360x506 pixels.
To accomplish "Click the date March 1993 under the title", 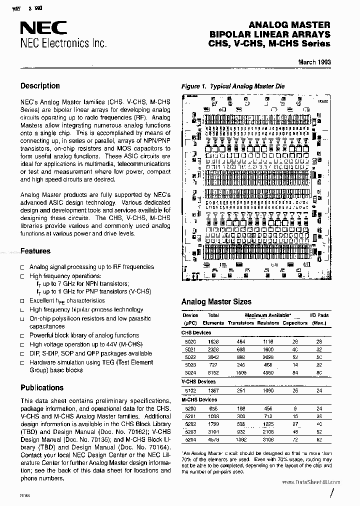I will pyautogui.click(x=314, y=62).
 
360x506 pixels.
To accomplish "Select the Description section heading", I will pyautogui.click(x=40, y=85).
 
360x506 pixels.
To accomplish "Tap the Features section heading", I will pyautogui.click(x=35, y=251).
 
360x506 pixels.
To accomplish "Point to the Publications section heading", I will pyautogui.click(x=42, y=387).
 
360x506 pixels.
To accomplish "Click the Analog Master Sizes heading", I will pyautogui.click(x=216, y=302).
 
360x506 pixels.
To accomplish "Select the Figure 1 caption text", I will pyautogui.click(x=232, y=86).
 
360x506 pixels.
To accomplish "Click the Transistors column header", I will pyautogui.click(x=241, y=323).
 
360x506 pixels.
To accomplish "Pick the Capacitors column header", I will pyautogui.click(x=294, y=323).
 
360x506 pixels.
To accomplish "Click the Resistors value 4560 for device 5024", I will pyautogui.click(x=268, y=373).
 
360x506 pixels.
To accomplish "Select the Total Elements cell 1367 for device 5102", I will pyautogui.click(x=213, y=390).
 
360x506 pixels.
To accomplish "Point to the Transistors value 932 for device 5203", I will pyautogui.click(x=241, y=432).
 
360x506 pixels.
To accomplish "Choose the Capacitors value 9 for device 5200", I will pyautogui.click(x=295, y=408).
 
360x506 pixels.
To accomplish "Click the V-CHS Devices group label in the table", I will pyautogui.click(x=198, y=381).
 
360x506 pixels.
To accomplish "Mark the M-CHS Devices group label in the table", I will pyautogui.click(x=199, y=399).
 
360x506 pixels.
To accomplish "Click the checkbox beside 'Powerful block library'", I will pyautogui.click(x=22, y=336).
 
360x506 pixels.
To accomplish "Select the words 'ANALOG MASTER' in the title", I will pyautogui.click(x=289, y=24).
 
